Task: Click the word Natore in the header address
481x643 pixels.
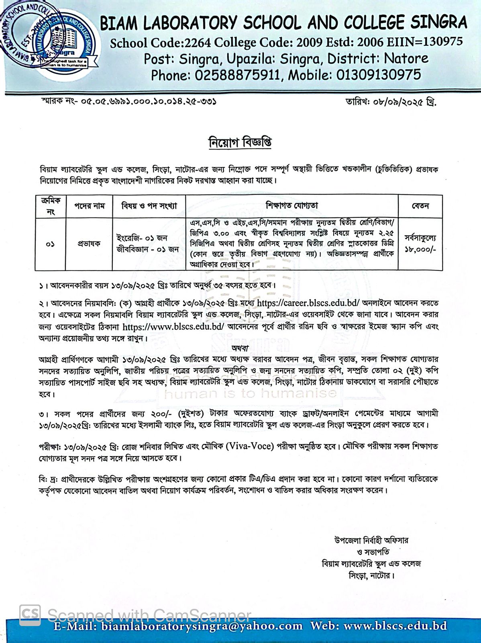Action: click(406, 59)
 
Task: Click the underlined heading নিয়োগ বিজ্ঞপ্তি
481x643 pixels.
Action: click(240, 143)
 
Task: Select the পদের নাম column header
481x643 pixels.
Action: click(89, 206)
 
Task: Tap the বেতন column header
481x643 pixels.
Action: click(420, 206)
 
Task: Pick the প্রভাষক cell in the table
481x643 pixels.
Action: click(89, 244)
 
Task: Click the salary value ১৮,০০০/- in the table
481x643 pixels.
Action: click(420, 250)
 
